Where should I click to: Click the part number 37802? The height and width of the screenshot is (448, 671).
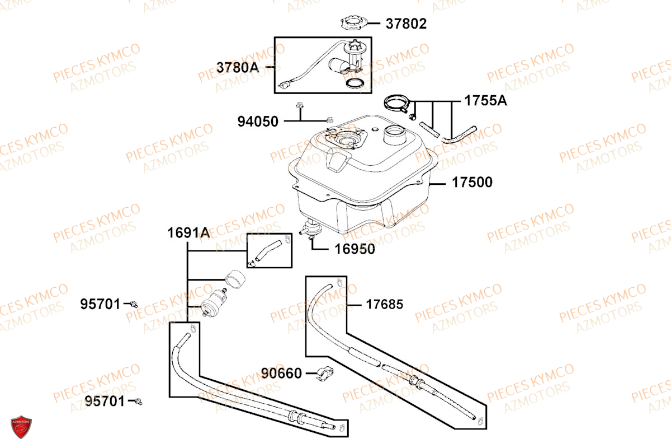406,24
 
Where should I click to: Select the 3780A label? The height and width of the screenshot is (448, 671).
238,68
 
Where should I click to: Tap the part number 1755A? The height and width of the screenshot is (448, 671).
485,101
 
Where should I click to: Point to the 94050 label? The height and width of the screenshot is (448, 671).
258,122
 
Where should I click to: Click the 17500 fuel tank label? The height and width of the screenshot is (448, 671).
472,182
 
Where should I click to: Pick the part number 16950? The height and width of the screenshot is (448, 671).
355,249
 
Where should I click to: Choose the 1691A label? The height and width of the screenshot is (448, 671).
188,233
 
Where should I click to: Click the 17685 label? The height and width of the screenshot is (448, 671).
384,304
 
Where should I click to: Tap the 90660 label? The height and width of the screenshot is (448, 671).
281,374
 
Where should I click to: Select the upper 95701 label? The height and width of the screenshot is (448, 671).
100,304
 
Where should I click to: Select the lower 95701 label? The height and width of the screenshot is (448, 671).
105,401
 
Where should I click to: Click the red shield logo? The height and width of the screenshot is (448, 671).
21,427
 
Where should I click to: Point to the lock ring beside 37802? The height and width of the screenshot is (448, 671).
354,23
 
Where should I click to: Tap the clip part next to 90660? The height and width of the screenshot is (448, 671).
325,374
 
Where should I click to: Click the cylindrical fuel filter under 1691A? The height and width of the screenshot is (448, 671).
214,302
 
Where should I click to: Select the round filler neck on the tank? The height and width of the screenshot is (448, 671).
395,135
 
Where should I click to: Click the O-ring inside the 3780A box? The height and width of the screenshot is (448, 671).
355,83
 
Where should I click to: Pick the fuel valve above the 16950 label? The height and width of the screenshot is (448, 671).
311,228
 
